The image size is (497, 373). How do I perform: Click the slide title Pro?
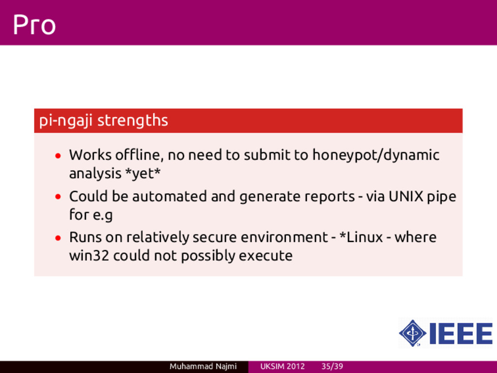point(34,24)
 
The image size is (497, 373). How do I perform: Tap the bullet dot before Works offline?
point(58,156)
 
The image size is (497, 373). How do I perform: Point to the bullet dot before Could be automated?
point(58,197)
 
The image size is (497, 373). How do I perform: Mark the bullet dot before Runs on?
point(58,237)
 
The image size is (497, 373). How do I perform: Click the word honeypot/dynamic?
point(376,155)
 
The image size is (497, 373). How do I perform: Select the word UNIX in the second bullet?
point(406,196)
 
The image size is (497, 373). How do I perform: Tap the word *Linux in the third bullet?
point(361,237)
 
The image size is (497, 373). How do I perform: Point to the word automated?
point(169,196)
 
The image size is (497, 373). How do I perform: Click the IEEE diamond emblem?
point(413,333)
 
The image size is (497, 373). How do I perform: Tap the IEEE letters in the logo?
point(461,333)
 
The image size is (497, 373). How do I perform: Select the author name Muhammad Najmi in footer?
point(203,366)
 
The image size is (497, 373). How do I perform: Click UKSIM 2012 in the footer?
point(282,366)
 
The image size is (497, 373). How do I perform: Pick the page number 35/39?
point(332,366)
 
